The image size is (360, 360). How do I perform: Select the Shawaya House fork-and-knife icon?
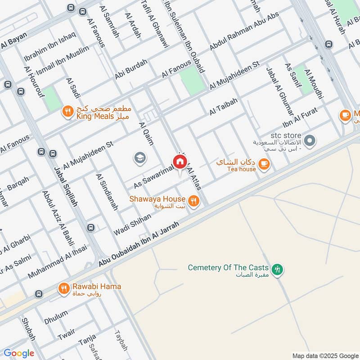click(x=194, y=201)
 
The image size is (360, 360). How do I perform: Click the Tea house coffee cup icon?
click(x=264, y=165)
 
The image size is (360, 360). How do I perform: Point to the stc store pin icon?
click(x=309, y=141)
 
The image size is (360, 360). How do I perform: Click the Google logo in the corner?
click(x=19, y=353)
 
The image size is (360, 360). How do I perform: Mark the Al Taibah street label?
click(x=223, y=108)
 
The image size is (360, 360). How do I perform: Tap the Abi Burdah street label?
click(x=131, y=70)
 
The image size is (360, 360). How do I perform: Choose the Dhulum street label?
click(x=56, y=318)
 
